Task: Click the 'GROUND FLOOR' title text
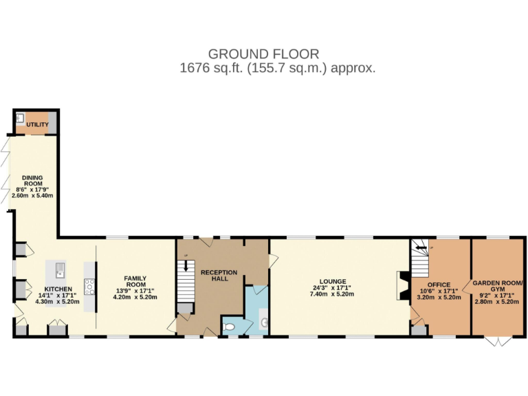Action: coord(263,54)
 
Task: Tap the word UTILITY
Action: coord(38,124)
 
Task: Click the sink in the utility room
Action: coord(21,118)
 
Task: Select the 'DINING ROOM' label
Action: coord(33,180)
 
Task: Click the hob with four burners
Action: coord(89,286)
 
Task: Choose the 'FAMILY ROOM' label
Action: coord(135,282)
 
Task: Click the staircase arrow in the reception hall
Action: coord(186,265)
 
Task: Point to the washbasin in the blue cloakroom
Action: coord(264,322)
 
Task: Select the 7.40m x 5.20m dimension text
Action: coord(331,294)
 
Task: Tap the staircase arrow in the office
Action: coord(420,247)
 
